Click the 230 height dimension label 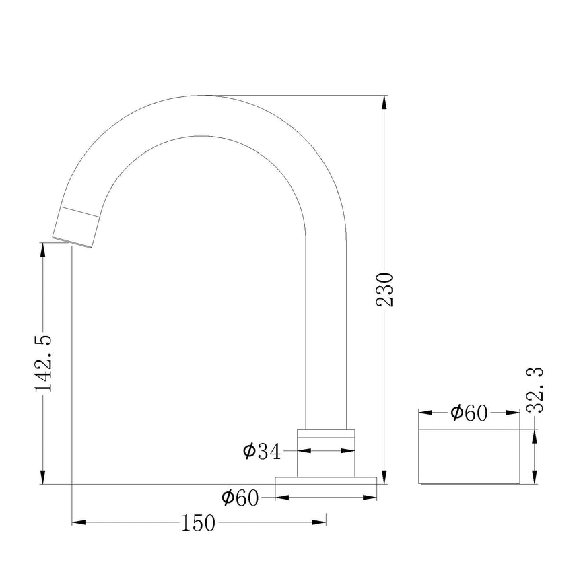coord(384,290)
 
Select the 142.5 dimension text coord(43,364)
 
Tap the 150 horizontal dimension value coord(198,523)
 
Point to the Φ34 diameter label coord(262,451)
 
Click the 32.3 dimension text coord(535,390)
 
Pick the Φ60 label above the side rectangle coord(469,413)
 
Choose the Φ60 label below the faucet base coord(240,498)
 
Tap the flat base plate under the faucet coord(326,481)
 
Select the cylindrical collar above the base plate coord(326,453)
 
